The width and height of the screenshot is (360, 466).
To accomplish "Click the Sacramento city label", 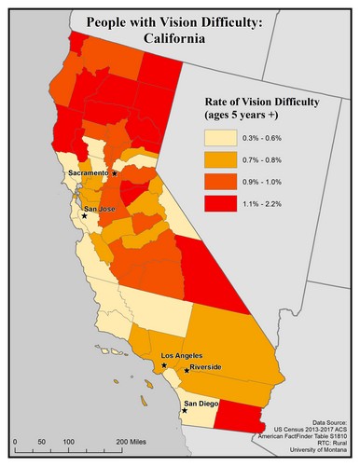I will [x=89, y=173].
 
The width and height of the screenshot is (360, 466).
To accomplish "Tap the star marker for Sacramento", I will [x=114, y=173].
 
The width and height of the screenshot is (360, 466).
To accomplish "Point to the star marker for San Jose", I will [x=84, y=216].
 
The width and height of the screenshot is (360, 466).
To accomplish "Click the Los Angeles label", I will [x=182, y=357].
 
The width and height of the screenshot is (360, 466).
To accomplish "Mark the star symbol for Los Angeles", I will [x=164, y=365].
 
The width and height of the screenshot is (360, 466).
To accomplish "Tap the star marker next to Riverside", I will [x=186, y=371].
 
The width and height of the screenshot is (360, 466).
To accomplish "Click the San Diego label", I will [x=204, y=404].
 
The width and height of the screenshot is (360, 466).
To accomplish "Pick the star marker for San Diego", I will [x=185, y=410].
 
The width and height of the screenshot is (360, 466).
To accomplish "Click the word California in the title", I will [x=178, y=40].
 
